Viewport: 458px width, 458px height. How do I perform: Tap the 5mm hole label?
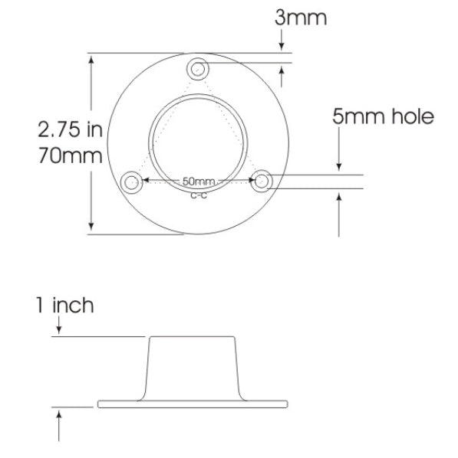(x=383, y=117)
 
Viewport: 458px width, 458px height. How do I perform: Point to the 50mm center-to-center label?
(x=199, y=182)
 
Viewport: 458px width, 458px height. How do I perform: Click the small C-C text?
(x=198, y=195)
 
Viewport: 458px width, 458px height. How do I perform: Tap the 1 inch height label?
(x=64, y=306)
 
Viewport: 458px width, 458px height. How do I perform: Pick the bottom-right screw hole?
(x=262, y=182)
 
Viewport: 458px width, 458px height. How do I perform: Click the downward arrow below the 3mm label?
(x=283, y=46)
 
